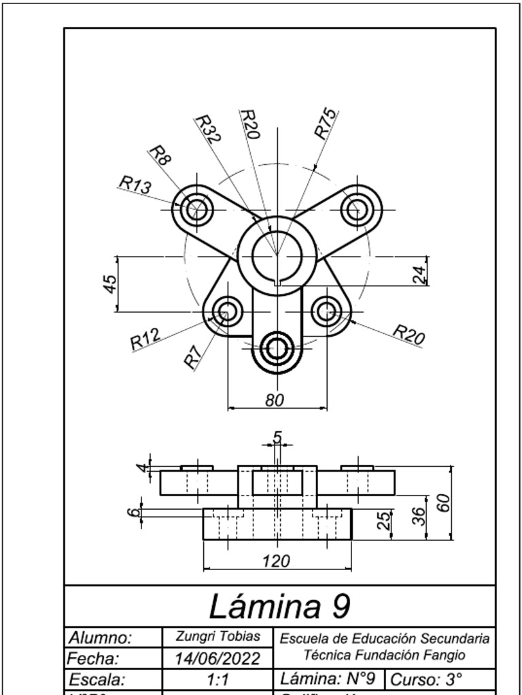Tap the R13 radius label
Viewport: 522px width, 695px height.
pos(135,185)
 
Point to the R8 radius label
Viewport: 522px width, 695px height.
pos(160,156)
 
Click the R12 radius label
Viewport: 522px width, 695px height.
pos(145,339)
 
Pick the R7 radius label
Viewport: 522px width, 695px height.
pos(193,356)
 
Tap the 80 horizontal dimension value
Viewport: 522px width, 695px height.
pos(274,400)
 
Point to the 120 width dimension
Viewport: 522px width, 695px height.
pos(277,561)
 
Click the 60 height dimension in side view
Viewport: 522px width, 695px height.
pos(443,504)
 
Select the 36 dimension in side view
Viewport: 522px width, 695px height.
pos(419,516)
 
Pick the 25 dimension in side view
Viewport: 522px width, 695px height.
pos(384,521)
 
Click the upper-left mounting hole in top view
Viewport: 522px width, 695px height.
pos(198,208)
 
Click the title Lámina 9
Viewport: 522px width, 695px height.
pos(279,606)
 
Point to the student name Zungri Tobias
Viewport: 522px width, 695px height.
pos(217,637)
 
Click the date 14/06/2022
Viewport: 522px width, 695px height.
pos(217,658)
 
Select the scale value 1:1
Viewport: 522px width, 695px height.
pos(217,679)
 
